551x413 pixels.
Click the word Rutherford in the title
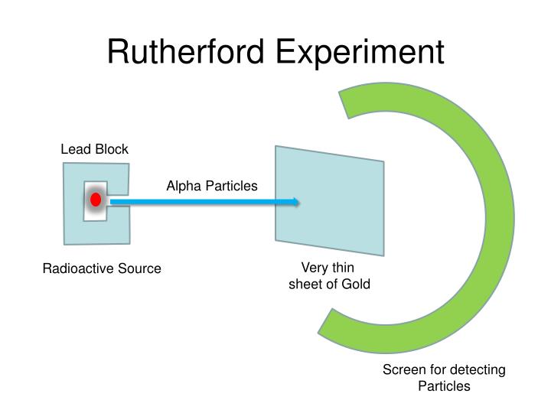point(187,51)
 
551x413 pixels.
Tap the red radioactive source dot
point(96,200)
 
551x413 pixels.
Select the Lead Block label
point(94,149)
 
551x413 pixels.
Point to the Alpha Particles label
point(212,186)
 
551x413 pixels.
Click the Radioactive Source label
point(102,268)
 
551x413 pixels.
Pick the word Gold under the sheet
point(355,284)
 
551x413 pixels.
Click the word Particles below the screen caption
point(444,386)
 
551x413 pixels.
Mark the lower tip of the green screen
point(328,326)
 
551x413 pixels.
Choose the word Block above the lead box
point(112,149)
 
